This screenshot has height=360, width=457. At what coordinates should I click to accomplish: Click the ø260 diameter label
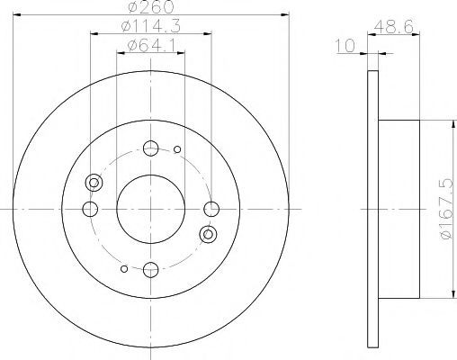click(x=151, y=6)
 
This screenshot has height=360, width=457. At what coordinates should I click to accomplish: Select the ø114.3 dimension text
click(x=151, y=26)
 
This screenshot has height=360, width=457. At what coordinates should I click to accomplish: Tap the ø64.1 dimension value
click(x=151, y=45)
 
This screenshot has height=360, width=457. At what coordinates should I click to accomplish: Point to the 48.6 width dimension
click(x=394, y=27)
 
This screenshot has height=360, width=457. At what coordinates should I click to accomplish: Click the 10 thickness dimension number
click(x=345, y=46)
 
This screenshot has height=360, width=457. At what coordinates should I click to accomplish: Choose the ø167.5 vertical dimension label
click(x=447, y=209)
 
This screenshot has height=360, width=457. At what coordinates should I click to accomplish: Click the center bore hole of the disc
click(x=150, y=209)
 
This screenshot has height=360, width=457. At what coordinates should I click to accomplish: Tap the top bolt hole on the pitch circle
click(x=150, y=148)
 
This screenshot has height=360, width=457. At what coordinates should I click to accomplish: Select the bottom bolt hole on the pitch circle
click(x=150, y=270)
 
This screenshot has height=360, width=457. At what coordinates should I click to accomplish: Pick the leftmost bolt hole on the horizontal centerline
click(x=90, y=209)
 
